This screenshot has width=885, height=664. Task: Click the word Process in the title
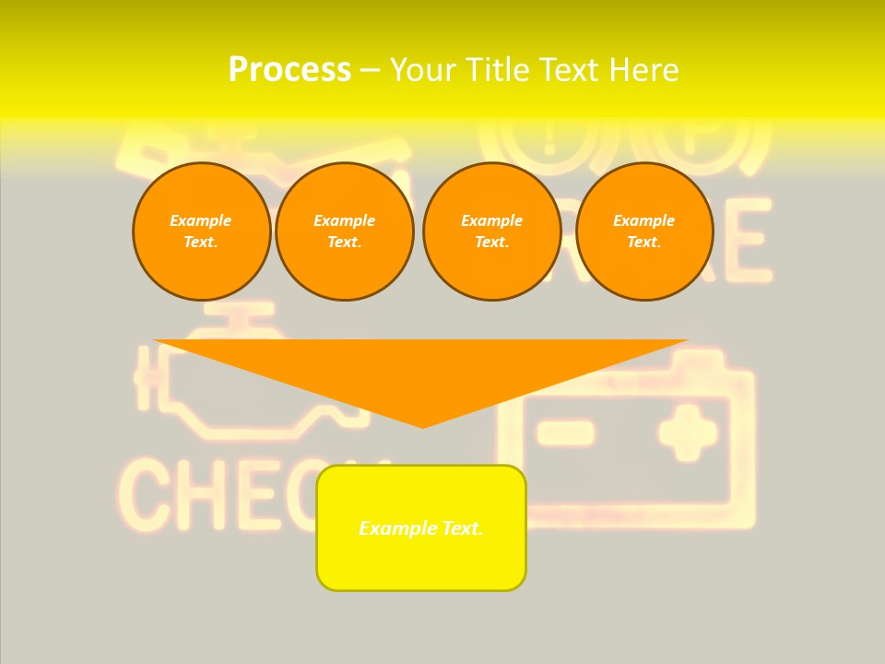[289, 70]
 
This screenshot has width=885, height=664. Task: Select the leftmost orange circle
[201, 231]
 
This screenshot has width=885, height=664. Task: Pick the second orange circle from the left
[344, 231]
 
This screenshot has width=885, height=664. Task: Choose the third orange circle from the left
[491, 231]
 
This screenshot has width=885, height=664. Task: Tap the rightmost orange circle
[643, 231]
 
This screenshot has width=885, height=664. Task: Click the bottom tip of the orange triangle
[423, 425]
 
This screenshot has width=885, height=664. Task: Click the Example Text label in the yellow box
[421, 528]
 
